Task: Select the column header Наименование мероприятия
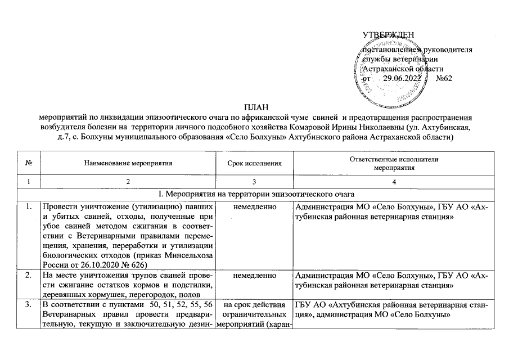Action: pyautogui.click(x=128, y=164)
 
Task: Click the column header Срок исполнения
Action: pyautogui.click(x=254, y=164)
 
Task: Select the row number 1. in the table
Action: pyautogui.click(x=28, y=208)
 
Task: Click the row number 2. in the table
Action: pyautogui.click(x=28, y=276)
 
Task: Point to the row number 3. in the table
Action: pyautogui.click(x=28, y=305)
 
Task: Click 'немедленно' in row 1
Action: pyautogui.click(x=254, y=208)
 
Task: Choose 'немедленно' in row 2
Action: pyautogui.click(x=254, y=276)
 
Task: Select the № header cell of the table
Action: pyautogui.click(x=28, y=164)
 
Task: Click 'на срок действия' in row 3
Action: pyautogui.click(x=254, y=305)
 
